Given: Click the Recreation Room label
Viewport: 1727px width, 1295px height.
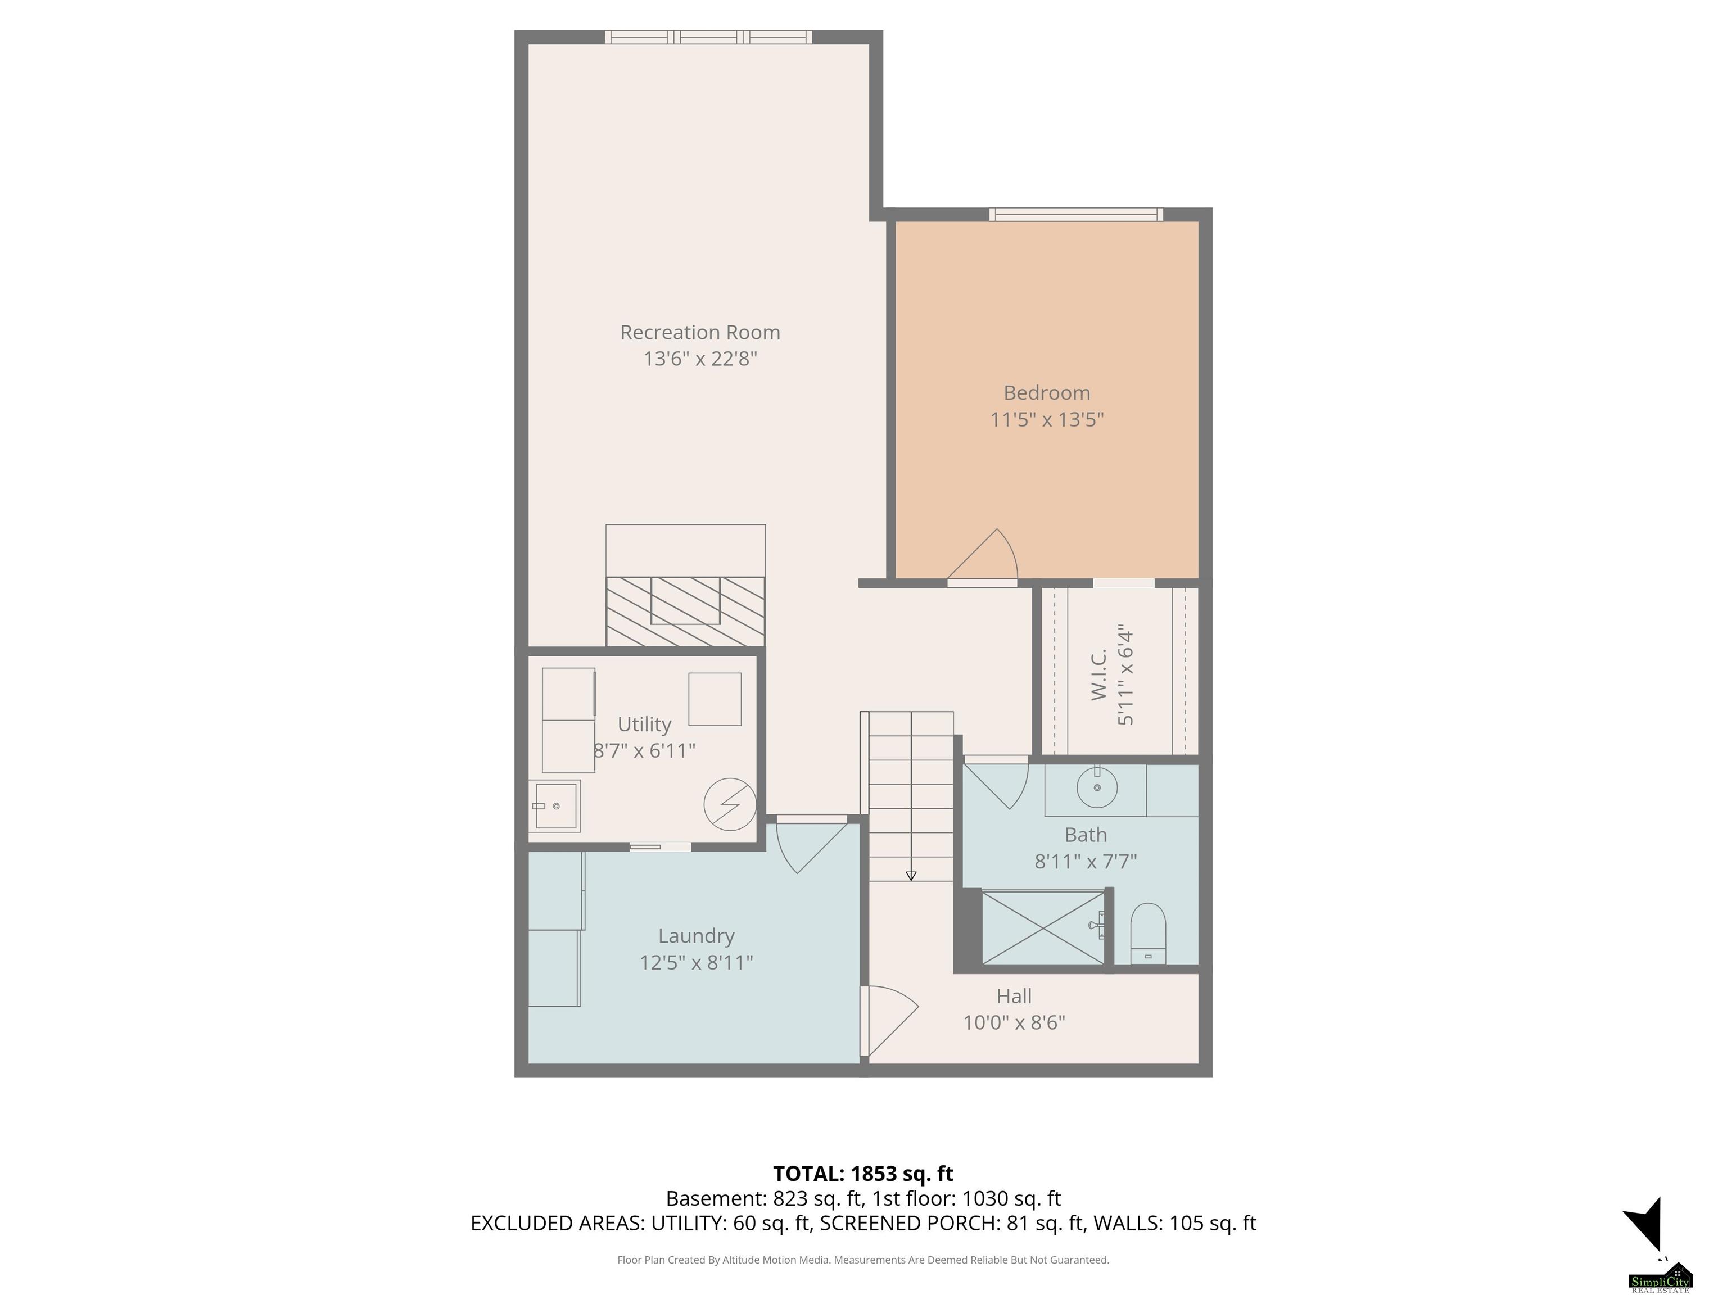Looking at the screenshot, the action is point(699,333).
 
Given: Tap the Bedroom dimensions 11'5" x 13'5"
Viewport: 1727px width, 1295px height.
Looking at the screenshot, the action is point(1046,420).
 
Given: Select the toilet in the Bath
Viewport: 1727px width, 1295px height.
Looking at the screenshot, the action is point(1148,934).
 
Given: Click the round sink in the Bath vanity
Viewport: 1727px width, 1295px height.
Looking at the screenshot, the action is point(1096,787).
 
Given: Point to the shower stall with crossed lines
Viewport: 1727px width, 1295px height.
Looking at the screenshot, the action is point(1043,927).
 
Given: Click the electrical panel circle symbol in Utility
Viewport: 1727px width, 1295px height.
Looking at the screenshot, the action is point(730,805).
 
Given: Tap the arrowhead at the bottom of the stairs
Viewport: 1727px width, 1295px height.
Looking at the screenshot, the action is point(910,876).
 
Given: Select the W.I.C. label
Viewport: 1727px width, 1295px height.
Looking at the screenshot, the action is point(1098,674).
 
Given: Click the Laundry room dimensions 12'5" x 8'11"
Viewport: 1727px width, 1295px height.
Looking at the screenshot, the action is point(695,962).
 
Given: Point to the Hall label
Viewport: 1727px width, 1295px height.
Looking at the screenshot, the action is point(1014,996).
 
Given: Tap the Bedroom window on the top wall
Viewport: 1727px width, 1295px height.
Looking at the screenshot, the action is point(1076,214).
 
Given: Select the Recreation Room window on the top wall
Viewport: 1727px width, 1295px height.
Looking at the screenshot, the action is point(708,37).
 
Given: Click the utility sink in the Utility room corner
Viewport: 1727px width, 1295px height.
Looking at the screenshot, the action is point(554,805).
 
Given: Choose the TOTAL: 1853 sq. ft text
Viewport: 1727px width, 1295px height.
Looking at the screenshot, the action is point(863,1174).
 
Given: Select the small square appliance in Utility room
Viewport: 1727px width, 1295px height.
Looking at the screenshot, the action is point(715,699).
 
